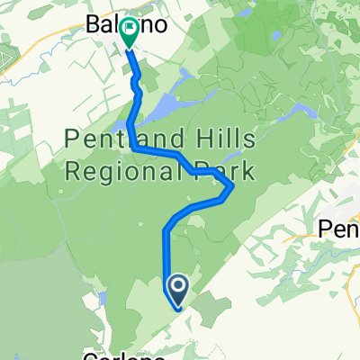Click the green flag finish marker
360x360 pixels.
[x=128, y=31]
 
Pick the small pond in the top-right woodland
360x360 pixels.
[x=274, y=38]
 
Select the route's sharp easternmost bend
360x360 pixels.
[x=234, y=187]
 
